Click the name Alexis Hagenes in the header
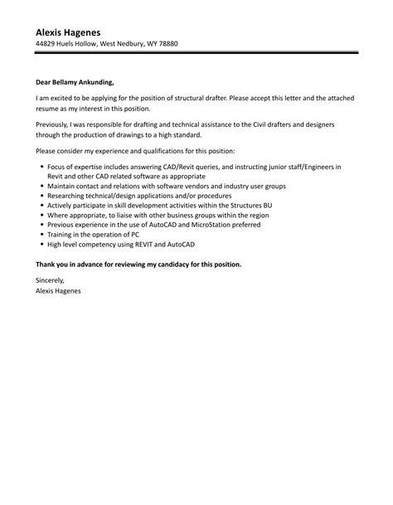click(72, 32)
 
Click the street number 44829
click(47, 44)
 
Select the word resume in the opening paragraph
click(50, 109)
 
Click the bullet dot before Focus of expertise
click(41, 167)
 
